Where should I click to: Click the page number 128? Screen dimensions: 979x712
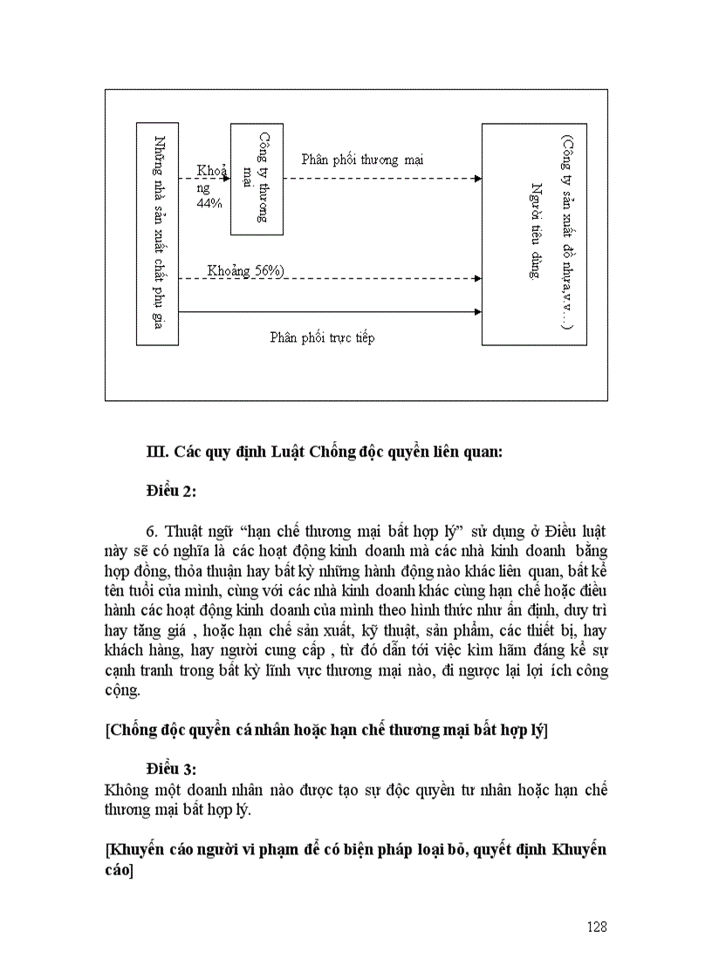(596, 927)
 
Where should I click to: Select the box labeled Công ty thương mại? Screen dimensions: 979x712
(257, 179)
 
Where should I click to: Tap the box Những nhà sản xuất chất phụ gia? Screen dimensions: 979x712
(158, 233)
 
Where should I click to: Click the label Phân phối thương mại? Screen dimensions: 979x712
(362, 160)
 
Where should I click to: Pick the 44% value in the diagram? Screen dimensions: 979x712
(209, 202)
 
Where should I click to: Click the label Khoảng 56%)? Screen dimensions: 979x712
(245, 271)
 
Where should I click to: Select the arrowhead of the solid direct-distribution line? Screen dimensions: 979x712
(477, 311)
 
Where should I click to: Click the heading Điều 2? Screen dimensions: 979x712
(171, 492)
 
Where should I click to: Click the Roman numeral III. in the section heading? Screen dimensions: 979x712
(157, 452)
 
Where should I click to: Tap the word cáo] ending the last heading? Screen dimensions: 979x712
(119, 871)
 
